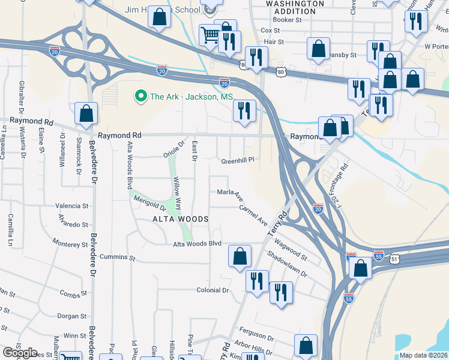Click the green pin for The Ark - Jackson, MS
(x=141, y=96)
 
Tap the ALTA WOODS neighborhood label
(x=181, y=219)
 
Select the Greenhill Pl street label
(x=238, y=161)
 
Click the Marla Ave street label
(x=230, y=193)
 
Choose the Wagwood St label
(x=290, y=250)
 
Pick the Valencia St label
(x=72, y=206)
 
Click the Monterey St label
(x=70, y=244)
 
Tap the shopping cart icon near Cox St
(x=209, y=35)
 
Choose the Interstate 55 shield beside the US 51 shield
(x=379, y=256)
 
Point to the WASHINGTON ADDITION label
(x=291, y=7)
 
